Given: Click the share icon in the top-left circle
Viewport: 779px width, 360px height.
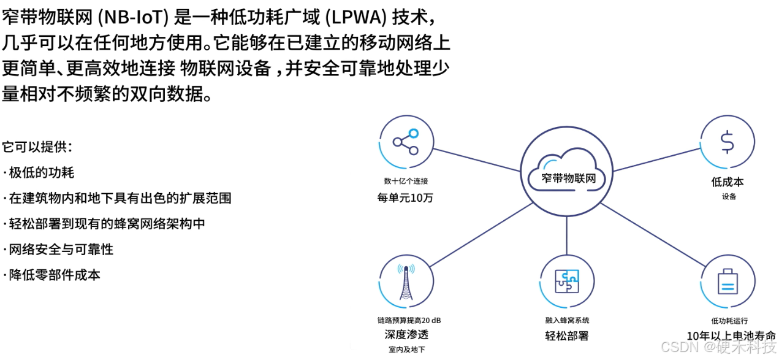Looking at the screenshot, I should click(x=405, y=142).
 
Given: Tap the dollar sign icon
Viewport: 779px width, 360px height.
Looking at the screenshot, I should click(x=727, y=142).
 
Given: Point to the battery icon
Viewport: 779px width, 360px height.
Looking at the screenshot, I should click(x=728, y=282).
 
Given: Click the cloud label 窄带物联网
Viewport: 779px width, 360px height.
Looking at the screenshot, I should click(x=569, y=178).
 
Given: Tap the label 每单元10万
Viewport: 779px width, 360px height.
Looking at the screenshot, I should click(x=405, y=197).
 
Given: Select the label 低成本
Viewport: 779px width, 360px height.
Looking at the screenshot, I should click(x=728, y=182).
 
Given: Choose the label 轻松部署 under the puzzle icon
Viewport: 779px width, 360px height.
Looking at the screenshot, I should click(x=567, y=335).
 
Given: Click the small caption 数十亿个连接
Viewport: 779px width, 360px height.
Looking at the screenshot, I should click(x=406, y=182).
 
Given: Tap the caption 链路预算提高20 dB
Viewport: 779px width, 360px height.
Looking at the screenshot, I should click(x=409, y=320).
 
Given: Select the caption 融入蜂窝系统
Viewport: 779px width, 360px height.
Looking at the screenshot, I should click(x=567, y=320).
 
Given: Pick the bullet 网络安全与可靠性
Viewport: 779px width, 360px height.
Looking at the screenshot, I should click(x=61, y=250).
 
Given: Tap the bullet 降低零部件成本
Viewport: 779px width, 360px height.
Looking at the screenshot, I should click(x=55, y=275).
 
